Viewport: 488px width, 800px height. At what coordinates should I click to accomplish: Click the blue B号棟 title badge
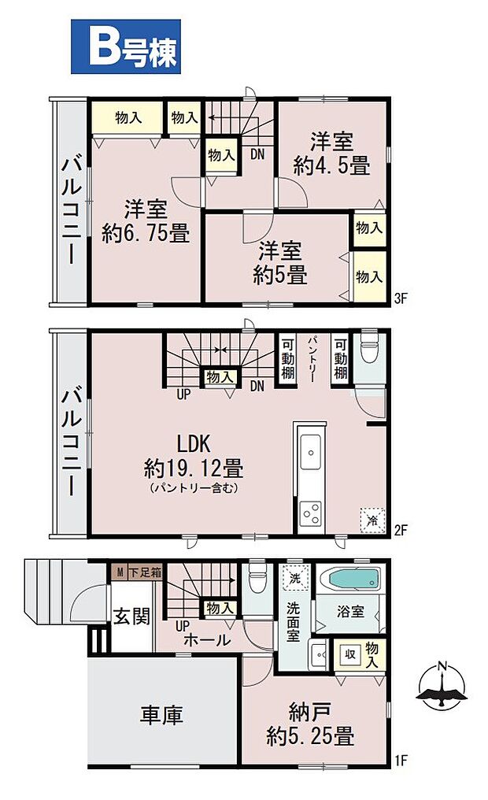tap(126, 47)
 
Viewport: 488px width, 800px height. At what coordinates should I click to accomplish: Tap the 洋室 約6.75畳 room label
tap(146, 221)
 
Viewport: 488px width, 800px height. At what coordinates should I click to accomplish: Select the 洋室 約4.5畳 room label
tap(331, 154)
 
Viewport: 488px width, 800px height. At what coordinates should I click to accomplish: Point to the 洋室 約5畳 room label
tap(280, 263)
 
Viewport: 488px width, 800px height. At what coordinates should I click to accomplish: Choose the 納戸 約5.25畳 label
tap(310, 725)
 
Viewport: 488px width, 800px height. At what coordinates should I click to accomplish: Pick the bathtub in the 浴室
tap(352, 580)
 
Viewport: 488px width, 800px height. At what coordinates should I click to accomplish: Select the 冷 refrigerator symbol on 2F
tap(372, 518)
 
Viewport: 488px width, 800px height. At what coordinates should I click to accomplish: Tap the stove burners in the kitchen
tap(309, 513)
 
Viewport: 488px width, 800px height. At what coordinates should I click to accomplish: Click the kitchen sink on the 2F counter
tap(310, 453)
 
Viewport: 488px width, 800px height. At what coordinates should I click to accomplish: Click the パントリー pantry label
tap(312, 358)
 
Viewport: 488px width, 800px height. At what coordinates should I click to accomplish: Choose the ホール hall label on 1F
tap(206, 639)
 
